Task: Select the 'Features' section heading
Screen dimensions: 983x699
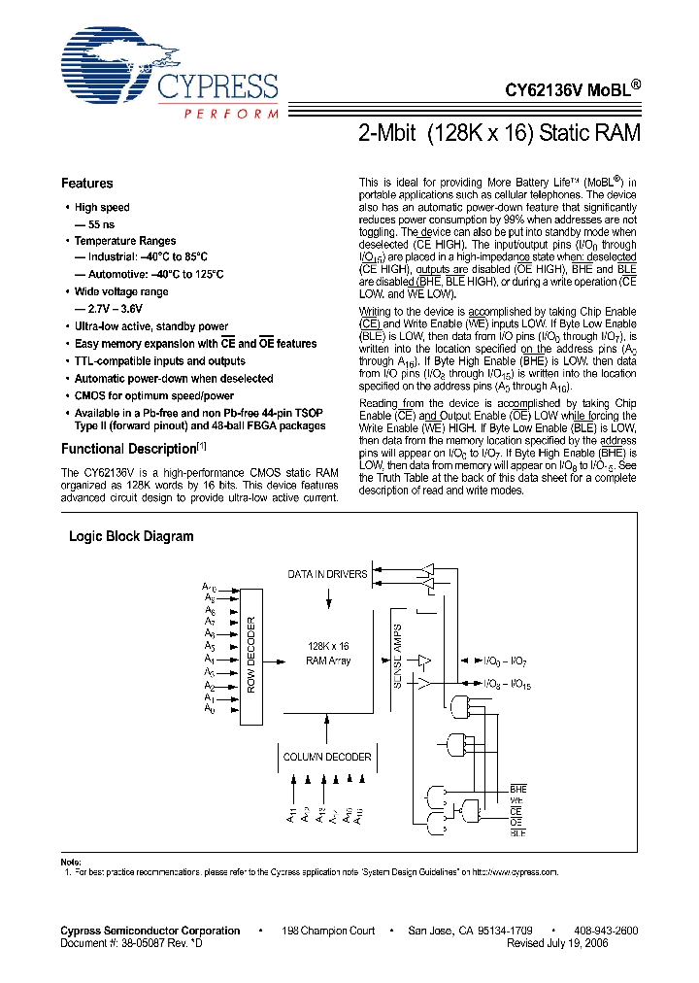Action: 86,183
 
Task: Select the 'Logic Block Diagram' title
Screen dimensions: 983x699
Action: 131,536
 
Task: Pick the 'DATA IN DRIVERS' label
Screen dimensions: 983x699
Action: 327,574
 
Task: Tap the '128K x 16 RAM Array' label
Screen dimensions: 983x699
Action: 328,653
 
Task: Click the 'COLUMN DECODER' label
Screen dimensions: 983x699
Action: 327,757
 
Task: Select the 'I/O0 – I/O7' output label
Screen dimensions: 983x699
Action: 506,661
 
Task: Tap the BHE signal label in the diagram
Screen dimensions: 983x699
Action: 517,790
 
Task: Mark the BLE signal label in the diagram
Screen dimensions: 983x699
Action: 517,832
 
